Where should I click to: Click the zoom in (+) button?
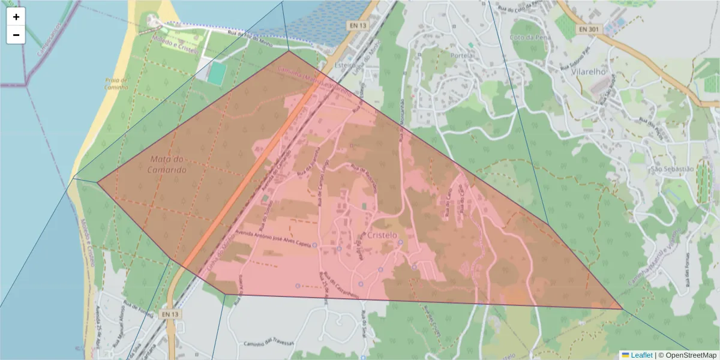click(16, 17)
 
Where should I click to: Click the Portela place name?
click(461, 55)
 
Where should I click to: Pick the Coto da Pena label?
click(530, 37)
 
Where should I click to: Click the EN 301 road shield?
click(590, 29)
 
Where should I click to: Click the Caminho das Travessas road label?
click(269, 343)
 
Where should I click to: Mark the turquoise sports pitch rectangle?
click(217, 73)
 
